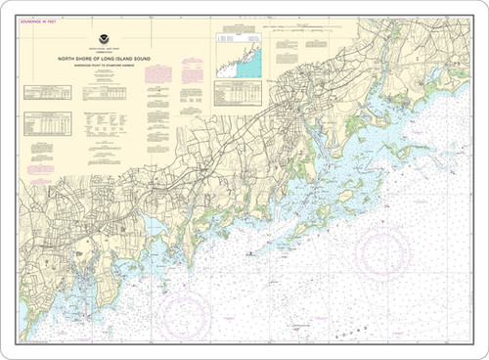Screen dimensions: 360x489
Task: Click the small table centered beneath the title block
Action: (117, 121)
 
